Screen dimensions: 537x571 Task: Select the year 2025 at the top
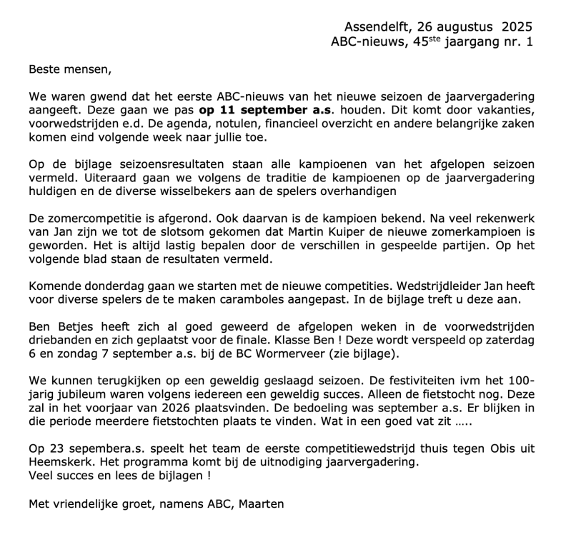tap(517, 26)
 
